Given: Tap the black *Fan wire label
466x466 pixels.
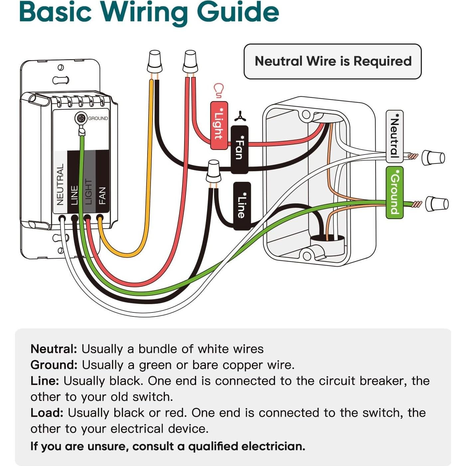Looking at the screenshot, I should pos(239,149).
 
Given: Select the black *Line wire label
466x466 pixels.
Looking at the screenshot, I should pos(242,206).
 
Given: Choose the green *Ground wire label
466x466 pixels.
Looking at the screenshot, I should pos(395,192).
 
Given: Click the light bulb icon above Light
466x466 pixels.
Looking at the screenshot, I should pos(218,90).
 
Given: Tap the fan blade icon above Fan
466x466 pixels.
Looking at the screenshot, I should pos(240,117).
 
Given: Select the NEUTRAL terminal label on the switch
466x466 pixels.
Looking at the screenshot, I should pos(60,184).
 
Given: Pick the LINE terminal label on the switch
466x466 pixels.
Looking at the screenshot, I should pos(74,195).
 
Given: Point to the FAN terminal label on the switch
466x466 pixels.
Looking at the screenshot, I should pos(102,195).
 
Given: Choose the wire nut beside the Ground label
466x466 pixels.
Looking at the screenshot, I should pos(437,204).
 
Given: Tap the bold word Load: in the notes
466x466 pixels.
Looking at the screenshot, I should pos(47,413).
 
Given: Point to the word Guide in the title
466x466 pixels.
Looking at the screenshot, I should pos(238,12).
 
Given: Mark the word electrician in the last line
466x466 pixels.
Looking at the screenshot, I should pos(273,446).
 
